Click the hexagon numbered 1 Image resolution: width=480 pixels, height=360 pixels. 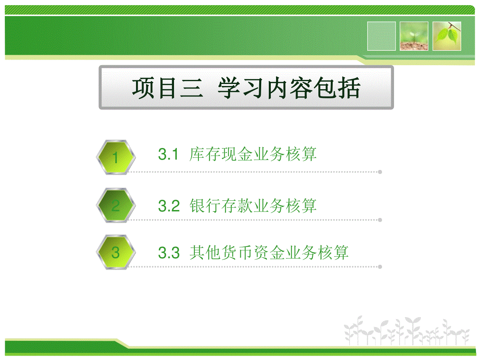(116, 157)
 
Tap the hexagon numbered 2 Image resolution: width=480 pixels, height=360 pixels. (116, 205)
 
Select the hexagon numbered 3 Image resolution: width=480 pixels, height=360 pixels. (116, 252)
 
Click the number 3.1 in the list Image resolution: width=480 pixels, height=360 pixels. (168, 154)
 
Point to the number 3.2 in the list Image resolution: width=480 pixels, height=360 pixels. (169, 206)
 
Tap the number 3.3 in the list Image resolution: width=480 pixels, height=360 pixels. (169, 253)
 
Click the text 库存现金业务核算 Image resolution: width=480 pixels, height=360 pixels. (253, 154)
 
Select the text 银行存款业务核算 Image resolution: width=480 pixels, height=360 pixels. (253, 206)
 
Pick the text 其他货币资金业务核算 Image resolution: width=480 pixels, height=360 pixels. (269, 253)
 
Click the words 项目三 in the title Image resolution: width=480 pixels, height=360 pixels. (168, 88)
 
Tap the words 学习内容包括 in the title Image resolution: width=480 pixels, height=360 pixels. (289, 88)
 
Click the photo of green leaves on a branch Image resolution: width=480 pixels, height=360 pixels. (447, 36)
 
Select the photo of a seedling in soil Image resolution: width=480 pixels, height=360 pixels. (414, 36)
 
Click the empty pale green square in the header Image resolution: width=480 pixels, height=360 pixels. (381, 36)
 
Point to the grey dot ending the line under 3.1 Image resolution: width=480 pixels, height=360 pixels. (380, 172)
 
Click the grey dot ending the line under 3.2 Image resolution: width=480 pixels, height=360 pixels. (380, 220)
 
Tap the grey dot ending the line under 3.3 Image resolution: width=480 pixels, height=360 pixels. (380, 267)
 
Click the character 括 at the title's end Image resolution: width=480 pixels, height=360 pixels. (349, 88)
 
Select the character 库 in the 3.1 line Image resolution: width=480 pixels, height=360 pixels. (197, 154)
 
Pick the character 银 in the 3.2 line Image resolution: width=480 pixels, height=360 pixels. (197, 206)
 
